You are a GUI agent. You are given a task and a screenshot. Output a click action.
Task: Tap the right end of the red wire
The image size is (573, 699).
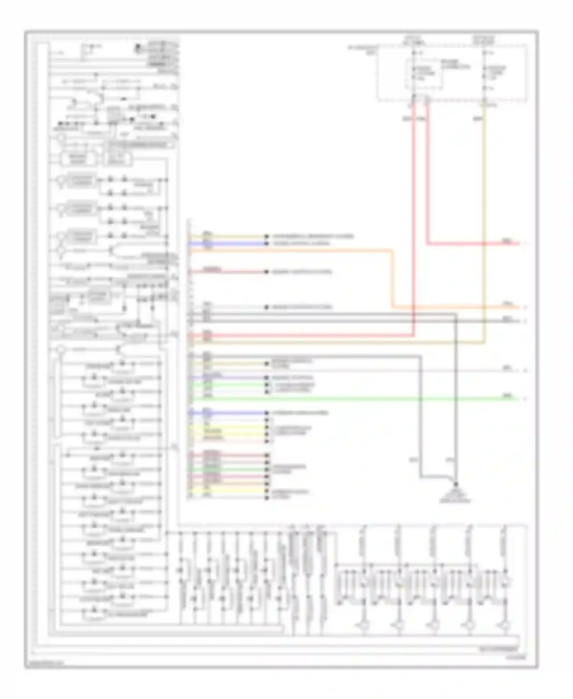coord(519,243)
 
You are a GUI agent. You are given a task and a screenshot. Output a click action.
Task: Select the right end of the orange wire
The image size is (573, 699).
coord(519,307)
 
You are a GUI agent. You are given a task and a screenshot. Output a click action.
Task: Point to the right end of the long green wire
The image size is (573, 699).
coord(519,399)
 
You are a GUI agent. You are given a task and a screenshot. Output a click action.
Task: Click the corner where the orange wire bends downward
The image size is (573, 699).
coord(392,251)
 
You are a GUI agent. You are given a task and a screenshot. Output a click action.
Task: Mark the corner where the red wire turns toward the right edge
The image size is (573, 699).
coord(427,243)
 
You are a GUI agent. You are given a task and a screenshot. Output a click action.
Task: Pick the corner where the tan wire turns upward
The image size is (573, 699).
coord(484,343)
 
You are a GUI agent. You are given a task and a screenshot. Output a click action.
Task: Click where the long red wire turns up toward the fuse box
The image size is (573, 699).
coord(413,336)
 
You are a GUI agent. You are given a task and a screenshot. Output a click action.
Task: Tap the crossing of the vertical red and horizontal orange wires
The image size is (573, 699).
coord(413,307)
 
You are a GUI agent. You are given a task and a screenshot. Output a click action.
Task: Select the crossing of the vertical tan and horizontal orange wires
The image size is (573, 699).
coord(484,307)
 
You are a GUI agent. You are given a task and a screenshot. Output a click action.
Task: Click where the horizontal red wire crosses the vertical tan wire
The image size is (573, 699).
coord(484,243)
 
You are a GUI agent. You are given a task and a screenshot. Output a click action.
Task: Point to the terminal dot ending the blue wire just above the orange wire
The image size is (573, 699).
coord(267,243)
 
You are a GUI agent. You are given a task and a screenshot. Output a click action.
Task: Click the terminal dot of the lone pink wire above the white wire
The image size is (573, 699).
coord(267,272)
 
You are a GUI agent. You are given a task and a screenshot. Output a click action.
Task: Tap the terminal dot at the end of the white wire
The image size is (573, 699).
coord(267,307)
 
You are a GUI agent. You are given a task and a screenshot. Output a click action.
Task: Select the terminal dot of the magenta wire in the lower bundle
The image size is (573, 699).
coord(267,477)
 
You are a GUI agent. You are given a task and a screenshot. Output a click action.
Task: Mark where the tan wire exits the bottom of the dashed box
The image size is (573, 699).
coord(484,102)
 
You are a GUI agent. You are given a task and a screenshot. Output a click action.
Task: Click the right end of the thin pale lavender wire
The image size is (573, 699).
coord(519,371)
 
